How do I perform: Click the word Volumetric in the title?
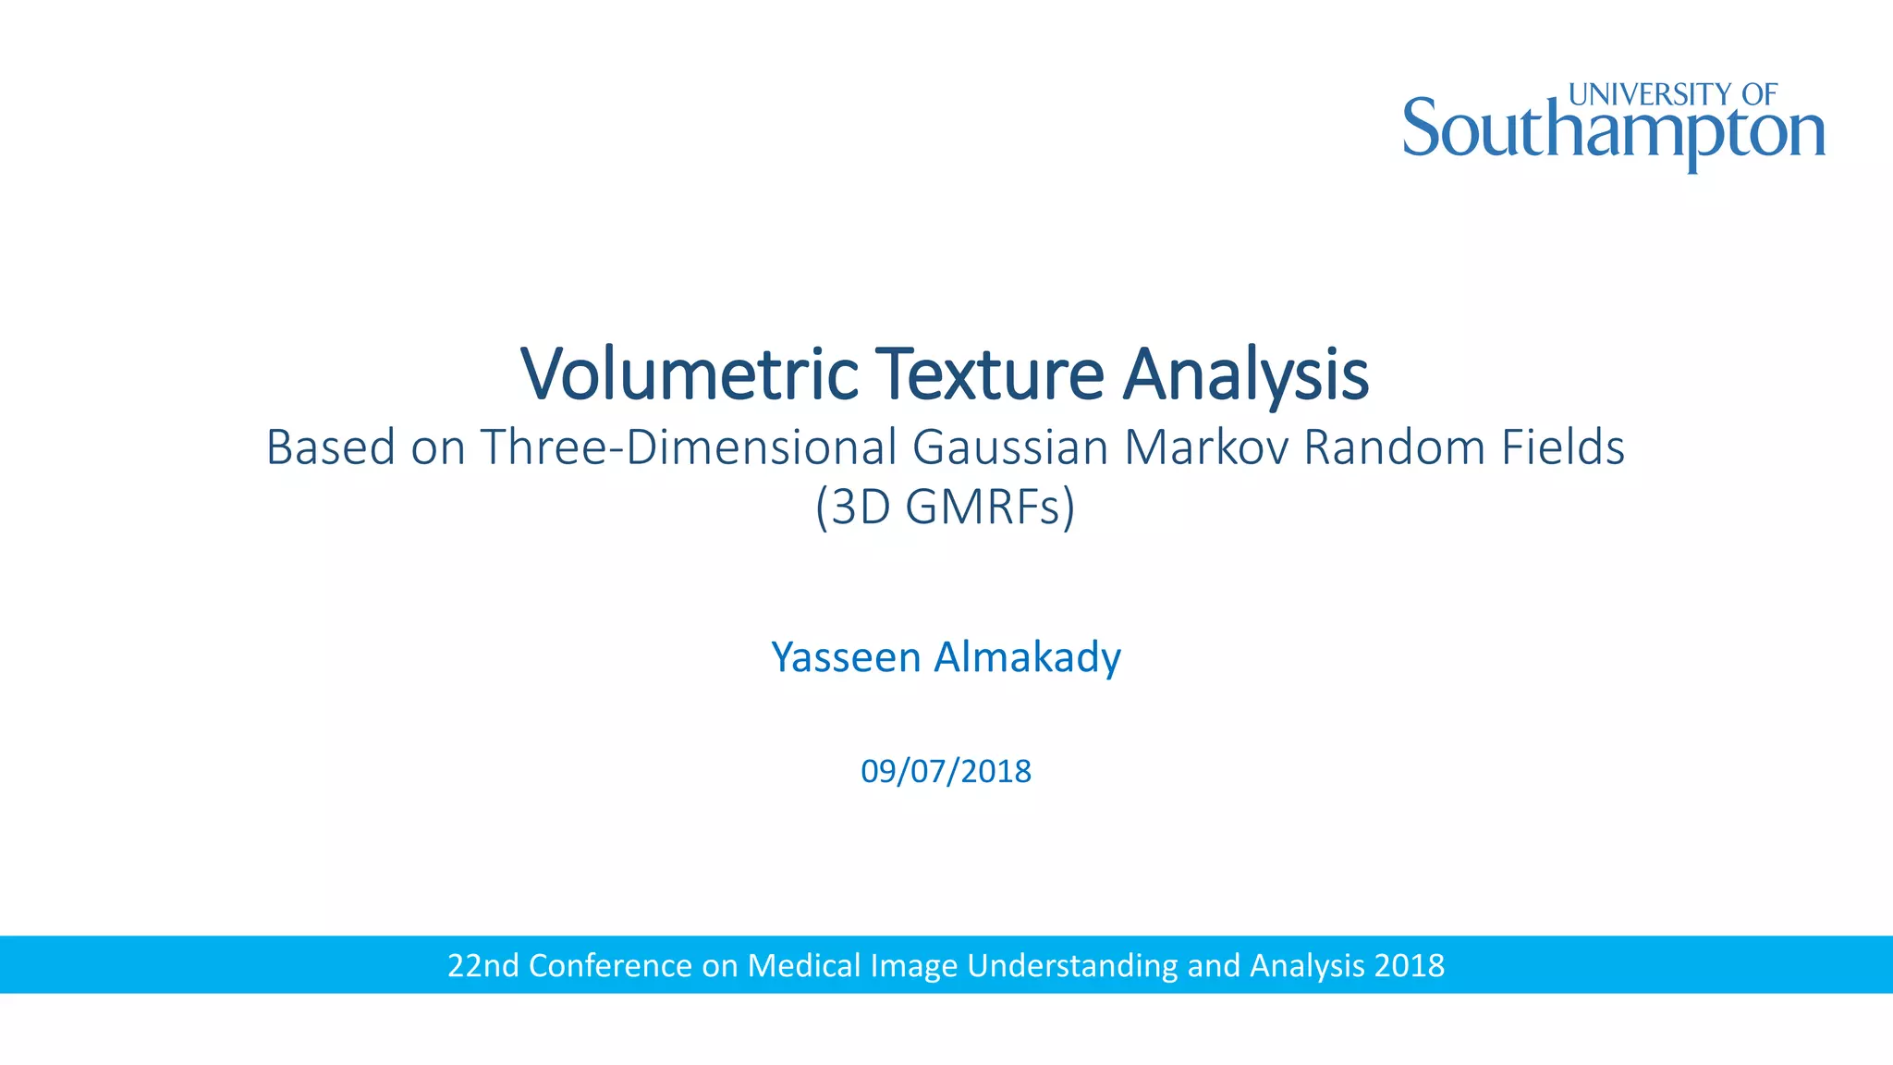coord(690,373)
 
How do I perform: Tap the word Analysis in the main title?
coord(1245,373)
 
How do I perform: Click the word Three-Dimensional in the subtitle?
coord(689,447)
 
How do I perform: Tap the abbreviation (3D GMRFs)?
coord(946,507)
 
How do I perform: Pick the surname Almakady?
coord(1027,657)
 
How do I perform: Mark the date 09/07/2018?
coord(946,771)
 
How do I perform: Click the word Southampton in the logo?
coord(1613,131)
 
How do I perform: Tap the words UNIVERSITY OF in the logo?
coord(1673,94)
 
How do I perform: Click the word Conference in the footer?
coord(610,965)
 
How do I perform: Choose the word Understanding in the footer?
coord(1072,965)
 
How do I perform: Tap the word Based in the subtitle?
coord(330,447)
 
